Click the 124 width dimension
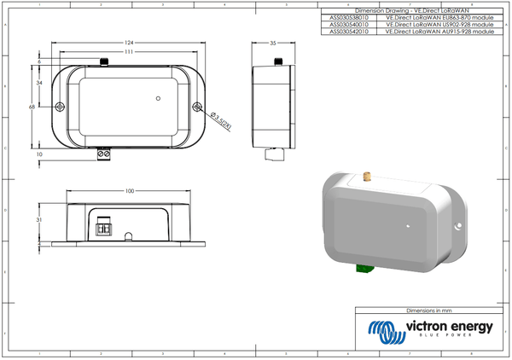(128, 42)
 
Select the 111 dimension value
(128, 52)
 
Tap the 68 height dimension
(32, 107)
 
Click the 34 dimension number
(40, 83)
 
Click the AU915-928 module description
(439, 32)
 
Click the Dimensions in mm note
(427, 312)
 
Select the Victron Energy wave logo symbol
(381, 329)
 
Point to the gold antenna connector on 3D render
(363, 178)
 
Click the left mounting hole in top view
(60, 107)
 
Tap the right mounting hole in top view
(198, 107)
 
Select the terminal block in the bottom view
(105, 229)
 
